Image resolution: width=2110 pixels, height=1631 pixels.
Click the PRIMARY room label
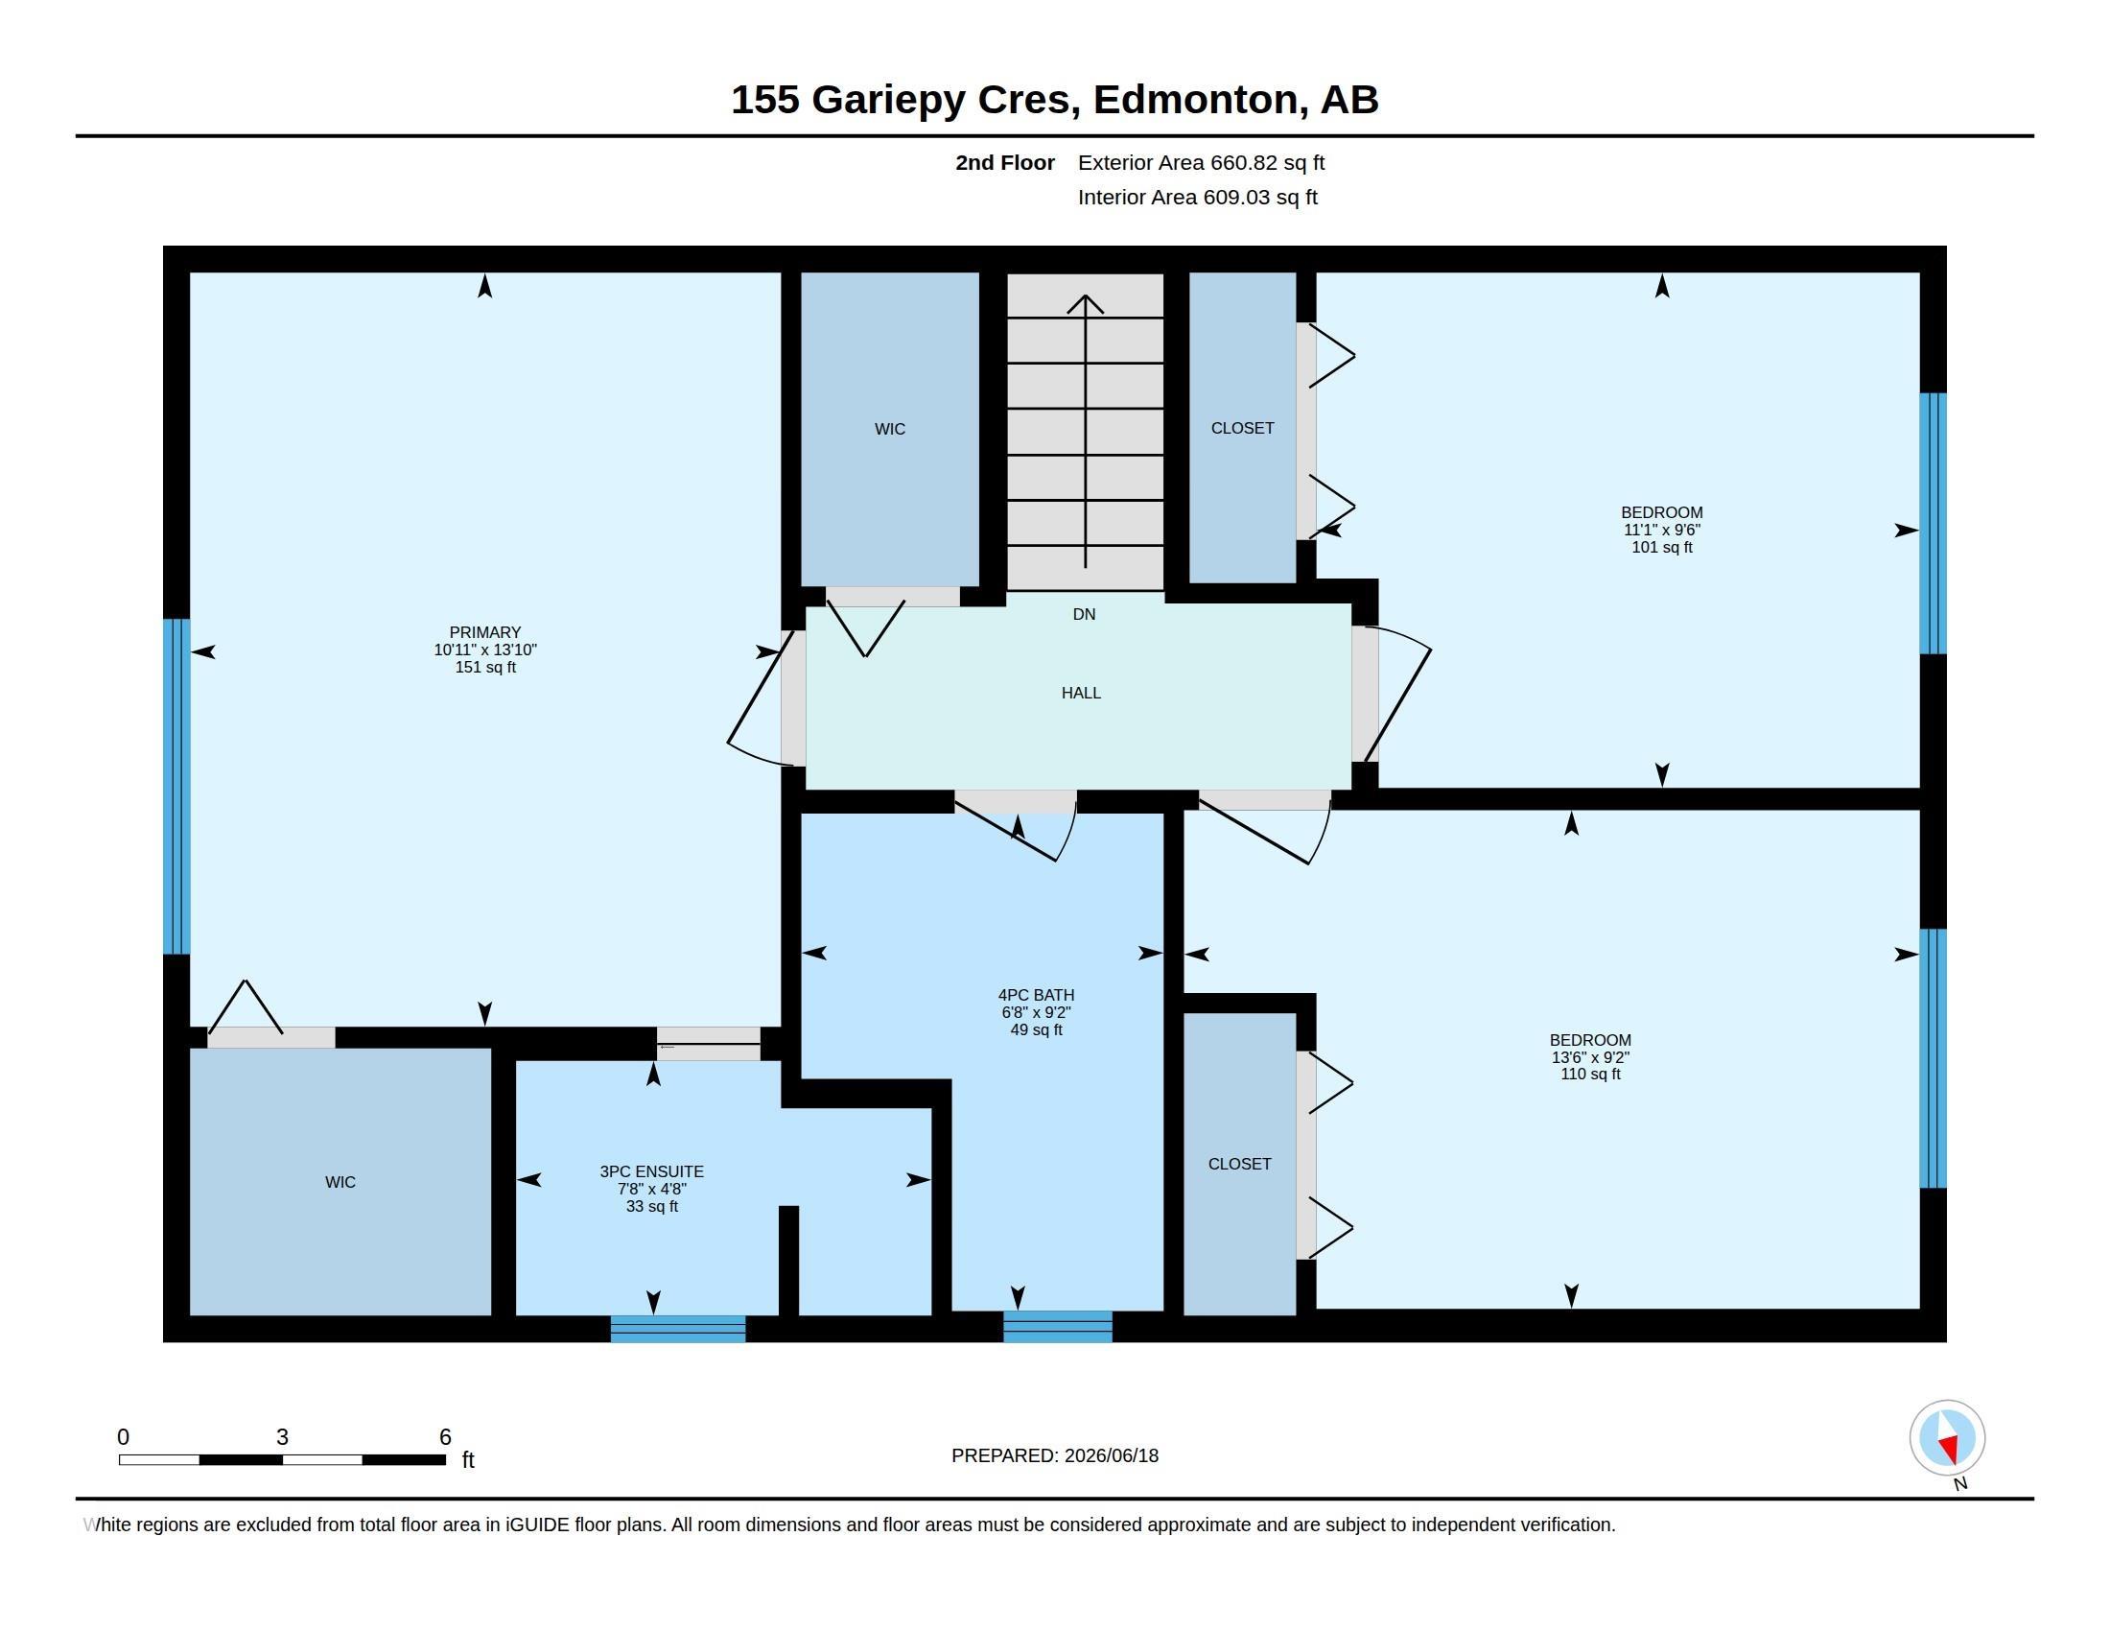click(x=485, y=632)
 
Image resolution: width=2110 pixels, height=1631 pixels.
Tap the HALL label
click(x=1081, y=693)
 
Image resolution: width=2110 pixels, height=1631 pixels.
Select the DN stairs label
click(x=1084, y=615)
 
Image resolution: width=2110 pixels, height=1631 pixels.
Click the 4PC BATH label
click(x=1036, y=995)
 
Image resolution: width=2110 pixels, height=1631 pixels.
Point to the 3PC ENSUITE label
click(x=652, y=1172)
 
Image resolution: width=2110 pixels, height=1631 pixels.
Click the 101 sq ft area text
click(x=1662, y=548)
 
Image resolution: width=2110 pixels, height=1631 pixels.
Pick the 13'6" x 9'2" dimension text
click(x=1590, y=1057)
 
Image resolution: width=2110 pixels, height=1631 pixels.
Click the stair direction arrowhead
click(x=1085, y=303)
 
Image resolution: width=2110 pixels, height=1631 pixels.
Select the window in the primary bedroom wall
click(x=176, y=787)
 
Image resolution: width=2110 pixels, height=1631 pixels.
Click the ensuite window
click(x=678, y=1330)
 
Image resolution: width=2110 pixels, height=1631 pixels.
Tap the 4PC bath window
click(x=1058, y=1327)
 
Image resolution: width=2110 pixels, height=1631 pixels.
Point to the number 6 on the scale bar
click(x=445, y=1437)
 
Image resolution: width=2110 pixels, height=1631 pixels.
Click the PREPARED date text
click(x=1055, y=1455)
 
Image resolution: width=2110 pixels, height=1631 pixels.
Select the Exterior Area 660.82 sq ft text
click(x=1201, y=163)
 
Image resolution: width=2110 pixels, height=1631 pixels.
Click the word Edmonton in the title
click(x=1195, y=101)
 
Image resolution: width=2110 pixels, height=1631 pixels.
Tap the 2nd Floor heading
click(x=1005, y=163)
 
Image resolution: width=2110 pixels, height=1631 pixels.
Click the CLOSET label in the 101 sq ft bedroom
click(x=1242, y=428)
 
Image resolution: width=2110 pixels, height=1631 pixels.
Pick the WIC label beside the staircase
click(x=890, y=429)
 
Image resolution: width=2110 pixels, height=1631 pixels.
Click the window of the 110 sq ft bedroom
click(x=1933, y=1058)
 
